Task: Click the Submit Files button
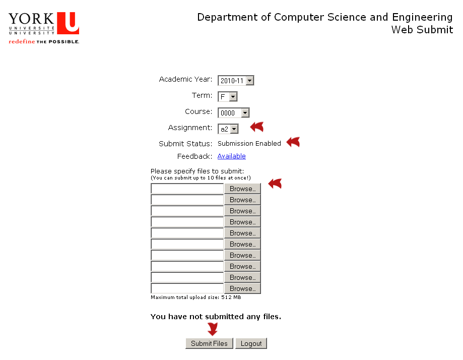209,343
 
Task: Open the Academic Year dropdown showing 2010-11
236,80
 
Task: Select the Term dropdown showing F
227,97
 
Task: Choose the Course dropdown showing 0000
234,112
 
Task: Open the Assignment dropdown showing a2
228,129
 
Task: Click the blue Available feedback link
232,156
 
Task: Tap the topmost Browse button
242,189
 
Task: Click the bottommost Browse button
242,288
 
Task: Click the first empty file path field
187,189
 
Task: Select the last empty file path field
187,288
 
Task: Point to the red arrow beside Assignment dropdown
257,127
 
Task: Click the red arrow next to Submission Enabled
293,142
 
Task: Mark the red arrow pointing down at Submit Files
213,329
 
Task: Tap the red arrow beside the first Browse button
275,184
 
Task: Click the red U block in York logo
68,23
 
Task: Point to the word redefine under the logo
22,41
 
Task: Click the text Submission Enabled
249,143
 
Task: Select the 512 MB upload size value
231,297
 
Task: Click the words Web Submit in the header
422,30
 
